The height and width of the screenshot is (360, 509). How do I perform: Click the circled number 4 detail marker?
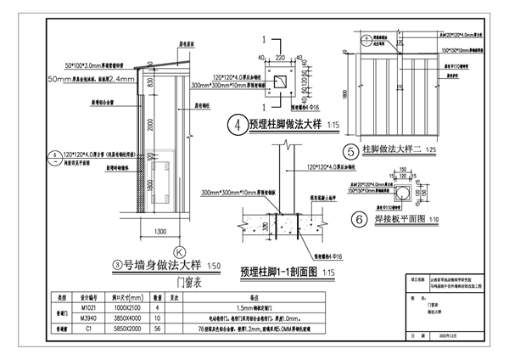click(x=241, y=124)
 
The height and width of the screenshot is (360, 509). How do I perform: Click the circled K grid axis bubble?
click(x=179, y=251)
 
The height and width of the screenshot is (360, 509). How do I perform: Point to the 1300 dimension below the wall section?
click(x=159, y=231)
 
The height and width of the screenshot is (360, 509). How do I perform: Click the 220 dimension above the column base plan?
click(x=280, y=58)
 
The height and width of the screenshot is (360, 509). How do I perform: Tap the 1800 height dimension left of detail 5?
click(x=347, y=94)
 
